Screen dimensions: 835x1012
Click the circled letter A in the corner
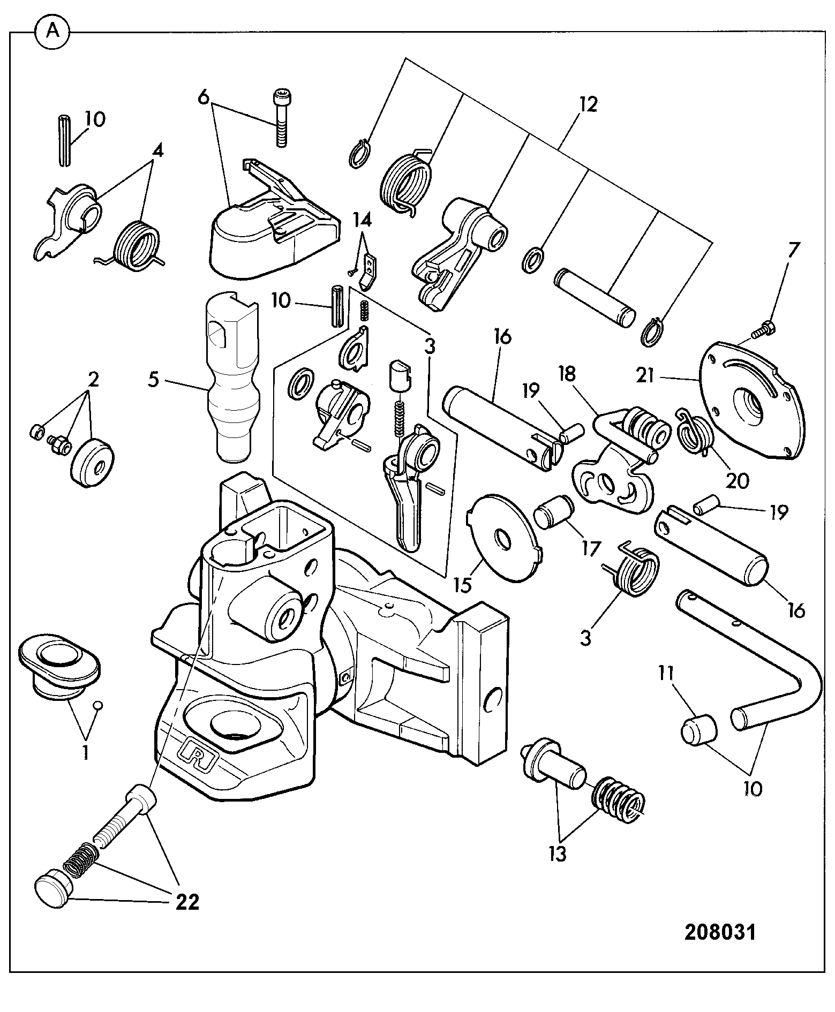[52, 32]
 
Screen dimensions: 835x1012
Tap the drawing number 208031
[720, 932]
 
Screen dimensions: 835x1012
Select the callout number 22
[187, 902]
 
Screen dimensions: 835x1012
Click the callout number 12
[588, 104]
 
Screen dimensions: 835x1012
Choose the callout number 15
[463, 585]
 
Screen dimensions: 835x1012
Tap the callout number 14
[362, 219]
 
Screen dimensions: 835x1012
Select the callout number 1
[85, 753]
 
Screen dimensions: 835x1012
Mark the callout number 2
[93, 380]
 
